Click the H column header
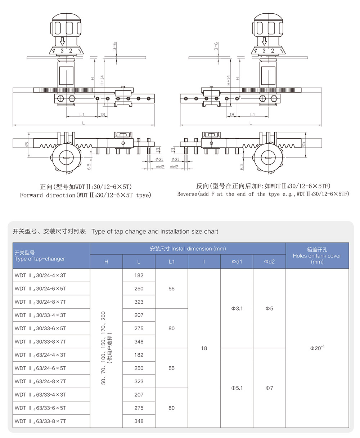point(106,262)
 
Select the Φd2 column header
point(269,262)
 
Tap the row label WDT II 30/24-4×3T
point(40,275)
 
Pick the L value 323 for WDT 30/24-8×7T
point(139,302)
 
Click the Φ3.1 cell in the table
point(237,308)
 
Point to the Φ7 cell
point(269,388)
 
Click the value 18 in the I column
point(204,348)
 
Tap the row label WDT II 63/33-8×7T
point(40,421)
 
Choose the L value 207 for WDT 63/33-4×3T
point(139,394)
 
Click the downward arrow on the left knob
point(62,41)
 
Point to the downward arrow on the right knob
point(264,41)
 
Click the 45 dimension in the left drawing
point(27,144)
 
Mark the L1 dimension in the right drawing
point(252,115)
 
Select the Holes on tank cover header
point(317,256)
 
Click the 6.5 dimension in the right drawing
point(242,166)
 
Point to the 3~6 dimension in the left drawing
point(114,46)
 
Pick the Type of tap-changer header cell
point(40,259)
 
